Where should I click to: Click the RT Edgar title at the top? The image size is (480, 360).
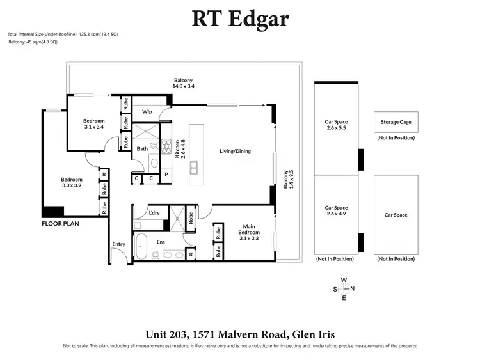click(x=240, y=19)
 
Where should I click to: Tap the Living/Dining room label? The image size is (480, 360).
click(x=235, y=152)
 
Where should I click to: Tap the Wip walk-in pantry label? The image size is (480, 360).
click(x=146, y=111)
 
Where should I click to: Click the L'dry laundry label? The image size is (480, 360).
click(x=154, y=212)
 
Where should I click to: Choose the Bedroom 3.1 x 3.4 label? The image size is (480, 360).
click(x=93, y=123)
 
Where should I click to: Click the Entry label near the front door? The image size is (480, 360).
click(x=119, y=244)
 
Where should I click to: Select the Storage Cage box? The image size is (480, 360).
click(x=396, y=122)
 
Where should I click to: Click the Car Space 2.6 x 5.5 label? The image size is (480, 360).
click(x=336, y=124)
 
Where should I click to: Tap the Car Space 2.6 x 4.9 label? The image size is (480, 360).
click(x=336, y=211)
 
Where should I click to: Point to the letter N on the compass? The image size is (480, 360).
click(x=353, y=289)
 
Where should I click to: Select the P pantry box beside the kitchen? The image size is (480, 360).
click(x=166, y=174)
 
